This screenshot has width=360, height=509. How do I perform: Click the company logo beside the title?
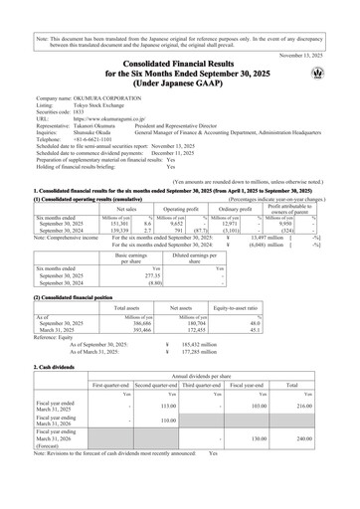click(x=317, y=73)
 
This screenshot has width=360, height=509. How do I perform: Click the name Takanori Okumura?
click(x=101, y=128)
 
